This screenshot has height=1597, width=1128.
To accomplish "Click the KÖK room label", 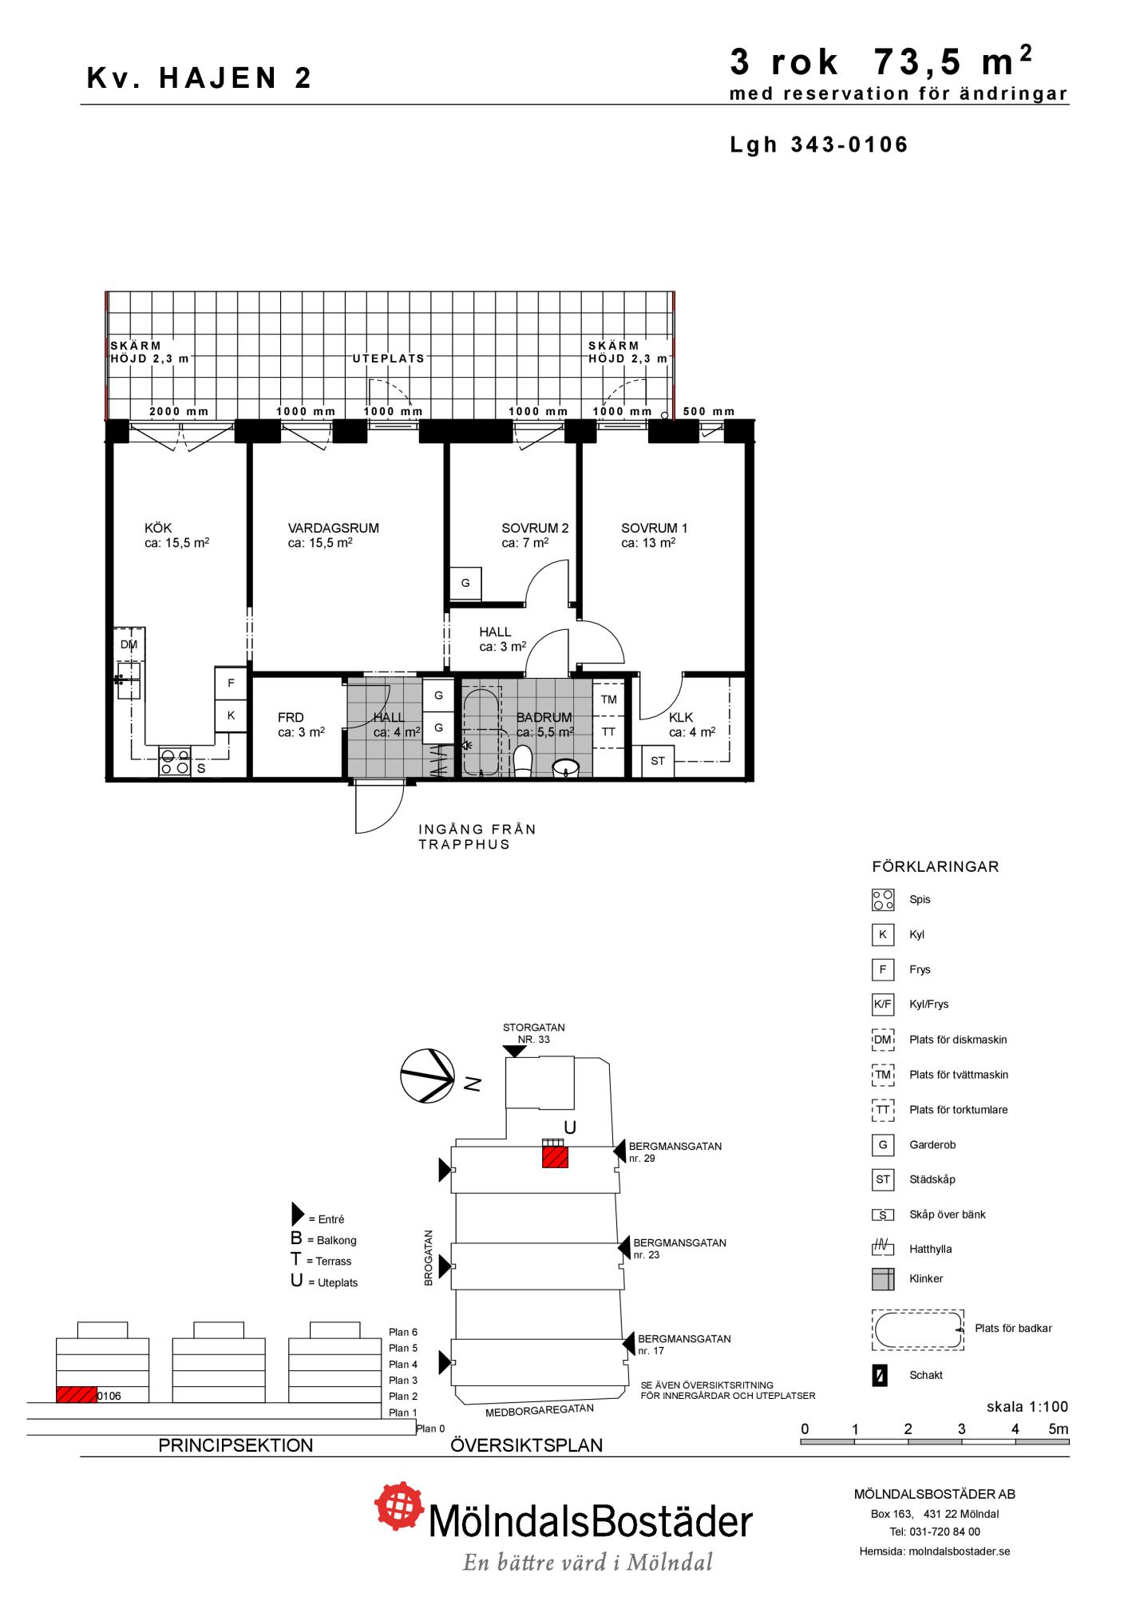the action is pyautogui.click(x=158, y=528).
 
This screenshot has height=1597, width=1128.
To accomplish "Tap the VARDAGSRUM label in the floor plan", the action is pyautogui.click(x=333, y=528).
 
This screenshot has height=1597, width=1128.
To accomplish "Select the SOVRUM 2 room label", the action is pyautogui.click(x=535, y=528).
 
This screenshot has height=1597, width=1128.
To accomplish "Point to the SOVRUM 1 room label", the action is pyautogui.click(x=654, y=528).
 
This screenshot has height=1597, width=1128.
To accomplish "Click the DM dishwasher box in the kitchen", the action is pyautogui.click(x=129, y=644).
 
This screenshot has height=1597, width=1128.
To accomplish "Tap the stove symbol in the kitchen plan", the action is pyautogui.click(x=175, y=761).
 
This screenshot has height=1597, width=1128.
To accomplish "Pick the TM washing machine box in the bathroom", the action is pyautogui.click(x=608, y=699).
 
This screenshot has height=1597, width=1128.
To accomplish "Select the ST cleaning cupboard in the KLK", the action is pyautogui.click(x=658, y=761).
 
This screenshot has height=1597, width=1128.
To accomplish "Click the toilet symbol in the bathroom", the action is pyautogui.click(x=523, y=761).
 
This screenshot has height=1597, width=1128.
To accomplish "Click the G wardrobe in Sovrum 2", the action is pyautogui.click(x=465, y=583).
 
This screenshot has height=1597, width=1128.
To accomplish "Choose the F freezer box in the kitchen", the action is pyautogui.click(x=232, y=684).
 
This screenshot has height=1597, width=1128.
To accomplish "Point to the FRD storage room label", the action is pyautogui.click(x=291, y=717).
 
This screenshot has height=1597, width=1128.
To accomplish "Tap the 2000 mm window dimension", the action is pyautogui.click(x=179, y=412).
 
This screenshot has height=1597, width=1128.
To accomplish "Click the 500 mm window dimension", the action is pyautogui.click(x=709, y=412).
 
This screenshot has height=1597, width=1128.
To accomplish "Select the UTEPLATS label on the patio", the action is pyautogui.click(x=389, y=359).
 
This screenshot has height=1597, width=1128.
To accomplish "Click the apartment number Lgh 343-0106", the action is pyautogui.click(x=819, y=145).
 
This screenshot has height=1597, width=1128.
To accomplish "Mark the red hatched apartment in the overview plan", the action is pyautogui.click(x=555, y=1157).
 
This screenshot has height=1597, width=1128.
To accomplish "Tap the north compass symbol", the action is pyautogui.click(x=427, y=1076).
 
